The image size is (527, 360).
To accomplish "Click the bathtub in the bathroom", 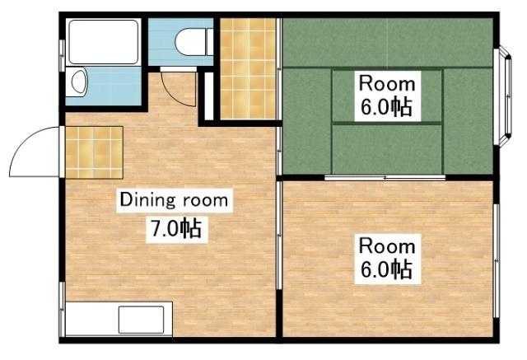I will tap(105, 40).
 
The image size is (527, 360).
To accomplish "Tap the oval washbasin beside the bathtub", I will tap(78, 82).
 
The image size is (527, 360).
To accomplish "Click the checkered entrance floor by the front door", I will tap(94, 152).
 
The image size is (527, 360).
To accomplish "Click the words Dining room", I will tap(175, 199).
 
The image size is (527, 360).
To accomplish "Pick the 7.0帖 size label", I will tap(175, 227).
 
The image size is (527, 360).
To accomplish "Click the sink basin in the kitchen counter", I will tap(145, 319).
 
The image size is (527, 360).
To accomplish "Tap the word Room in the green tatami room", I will tap(386, 83).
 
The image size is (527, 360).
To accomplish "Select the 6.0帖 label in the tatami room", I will tap(386, 107).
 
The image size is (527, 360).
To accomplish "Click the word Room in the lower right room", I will tap(385, 245).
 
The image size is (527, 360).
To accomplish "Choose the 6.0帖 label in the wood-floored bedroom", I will tap(385, 269).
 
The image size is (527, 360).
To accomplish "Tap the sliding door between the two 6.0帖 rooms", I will tap(385, 178).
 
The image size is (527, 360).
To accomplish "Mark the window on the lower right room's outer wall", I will tap(497, 259).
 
